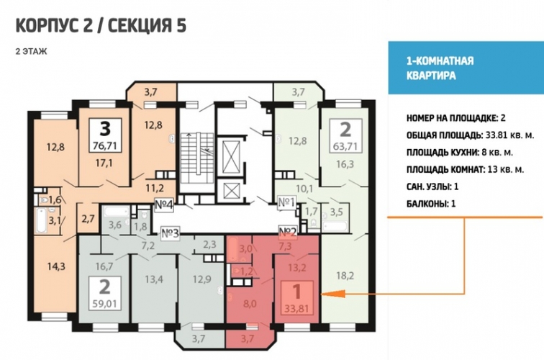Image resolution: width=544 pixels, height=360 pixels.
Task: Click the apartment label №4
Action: pos(163,204)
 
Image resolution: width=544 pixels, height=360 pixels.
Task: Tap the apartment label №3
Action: pos(170,233)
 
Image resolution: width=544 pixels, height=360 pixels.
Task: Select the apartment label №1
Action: pos(286,202)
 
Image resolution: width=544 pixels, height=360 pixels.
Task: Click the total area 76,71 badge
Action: pos(105,135)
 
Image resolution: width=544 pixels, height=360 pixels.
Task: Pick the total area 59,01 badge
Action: pos(105,293)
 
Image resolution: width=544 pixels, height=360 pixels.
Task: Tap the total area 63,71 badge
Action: pos(345,135)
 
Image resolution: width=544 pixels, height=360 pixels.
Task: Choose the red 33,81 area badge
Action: pos(296,298)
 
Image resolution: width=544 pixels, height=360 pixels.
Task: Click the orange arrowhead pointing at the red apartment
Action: pos(333,294)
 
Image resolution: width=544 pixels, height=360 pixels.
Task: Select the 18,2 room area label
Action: pos(345,276)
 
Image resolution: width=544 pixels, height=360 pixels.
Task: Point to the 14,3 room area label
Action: pos(56,266)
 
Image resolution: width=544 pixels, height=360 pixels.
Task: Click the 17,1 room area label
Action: pos(104,163)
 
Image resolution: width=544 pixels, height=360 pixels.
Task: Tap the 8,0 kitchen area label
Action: pos(250,304)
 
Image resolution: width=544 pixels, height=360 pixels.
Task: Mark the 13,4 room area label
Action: pos(154,279)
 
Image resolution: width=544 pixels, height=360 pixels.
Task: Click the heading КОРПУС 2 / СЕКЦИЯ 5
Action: pos(101,26)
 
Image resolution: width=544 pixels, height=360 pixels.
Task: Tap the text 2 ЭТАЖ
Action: pos(31,52)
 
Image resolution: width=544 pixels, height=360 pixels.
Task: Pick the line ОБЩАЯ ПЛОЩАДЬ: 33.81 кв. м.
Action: pos(470,135)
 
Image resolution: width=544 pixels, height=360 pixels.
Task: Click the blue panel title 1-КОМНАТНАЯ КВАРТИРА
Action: pos(440,68)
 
